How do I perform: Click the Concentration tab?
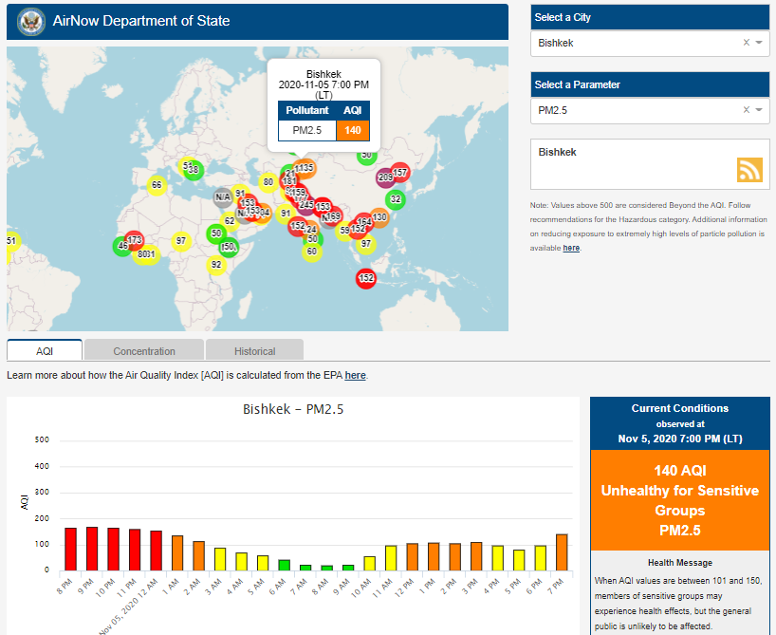tap(144, 351)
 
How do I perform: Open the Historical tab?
tap(254, 351)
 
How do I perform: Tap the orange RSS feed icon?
tap(750, 169)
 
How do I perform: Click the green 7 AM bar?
tap(305, 567)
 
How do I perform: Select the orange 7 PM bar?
tap(562, 551)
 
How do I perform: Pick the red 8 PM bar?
tap(70, 549)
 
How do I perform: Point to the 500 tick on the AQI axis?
tap(42, 440)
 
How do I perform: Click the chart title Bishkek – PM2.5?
tap(292, 410)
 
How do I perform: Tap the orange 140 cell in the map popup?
tap(353, 130)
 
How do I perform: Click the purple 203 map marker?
tap(385, 177)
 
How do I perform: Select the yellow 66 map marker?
tap(157, 184)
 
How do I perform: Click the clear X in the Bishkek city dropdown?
tap(746, 43)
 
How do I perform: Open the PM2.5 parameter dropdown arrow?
tap(759, 110)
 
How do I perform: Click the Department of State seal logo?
tap(31, 21)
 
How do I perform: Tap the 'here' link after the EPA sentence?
tap(355, 376)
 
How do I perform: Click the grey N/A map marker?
tap(223, 197)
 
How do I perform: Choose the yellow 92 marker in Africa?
tap(216, 265)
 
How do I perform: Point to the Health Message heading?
tap(680, 563)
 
